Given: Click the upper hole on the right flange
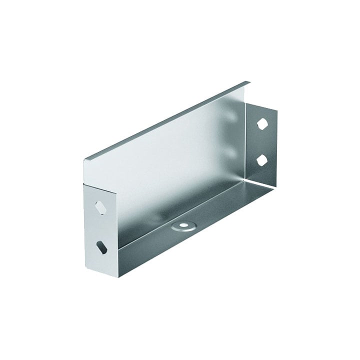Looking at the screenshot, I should point(263,122).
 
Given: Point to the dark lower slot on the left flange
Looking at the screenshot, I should point(101,246).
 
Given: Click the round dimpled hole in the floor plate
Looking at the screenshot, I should point(182,226).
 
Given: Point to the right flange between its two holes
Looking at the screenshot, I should point(262,141).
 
